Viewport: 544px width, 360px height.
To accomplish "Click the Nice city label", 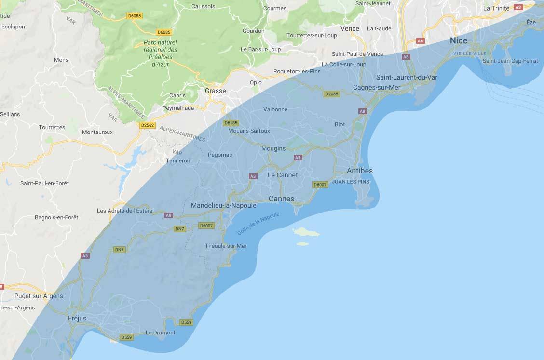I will pyautogui.click(x=458, y=41).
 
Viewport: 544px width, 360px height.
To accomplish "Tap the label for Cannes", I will pyautogui.click(x=281, y=199).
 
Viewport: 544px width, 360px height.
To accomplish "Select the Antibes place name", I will pyautogui.click(x=359, y=171).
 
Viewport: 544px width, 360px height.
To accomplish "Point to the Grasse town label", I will pyautogui.click(x=215, y=91).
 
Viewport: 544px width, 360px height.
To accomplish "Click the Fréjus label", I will pyautogui.click(x=77, y=318).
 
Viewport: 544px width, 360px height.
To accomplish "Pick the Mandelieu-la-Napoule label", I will pyautogui.click(x=223, y=205).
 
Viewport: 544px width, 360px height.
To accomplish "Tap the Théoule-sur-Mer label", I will pyautogui.click(x=226, y=246).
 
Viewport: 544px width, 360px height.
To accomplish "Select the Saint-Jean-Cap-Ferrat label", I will pyautogui.click(x=510, y=61).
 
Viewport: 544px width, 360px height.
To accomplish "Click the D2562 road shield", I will pyautogui.click(x=147, y=125).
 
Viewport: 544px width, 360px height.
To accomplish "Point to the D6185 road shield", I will pyautogui.click(x=231, y=123).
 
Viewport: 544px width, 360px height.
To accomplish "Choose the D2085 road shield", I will pyautogui.click(x=332, y=94).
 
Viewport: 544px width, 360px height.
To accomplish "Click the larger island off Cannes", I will pyautogui.click(x=306, y=232).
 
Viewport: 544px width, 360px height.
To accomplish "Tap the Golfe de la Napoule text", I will pyautogui.click(x=258, y=224).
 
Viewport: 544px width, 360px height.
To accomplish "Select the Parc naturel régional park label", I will pyautogui.click(x=160, y=53).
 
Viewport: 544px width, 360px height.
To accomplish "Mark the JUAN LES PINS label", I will pyautogui.click(x=350, y=182).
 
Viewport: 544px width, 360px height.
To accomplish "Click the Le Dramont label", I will pyautogui.click(x=160, y=333).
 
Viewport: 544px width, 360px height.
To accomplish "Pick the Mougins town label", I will pyautogui.click(x=273, y=148).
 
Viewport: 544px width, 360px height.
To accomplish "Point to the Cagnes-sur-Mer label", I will pyautogui.click(x=377, y=87).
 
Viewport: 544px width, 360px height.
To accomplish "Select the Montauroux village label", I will pyautogui.click(x=97, y=132).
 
